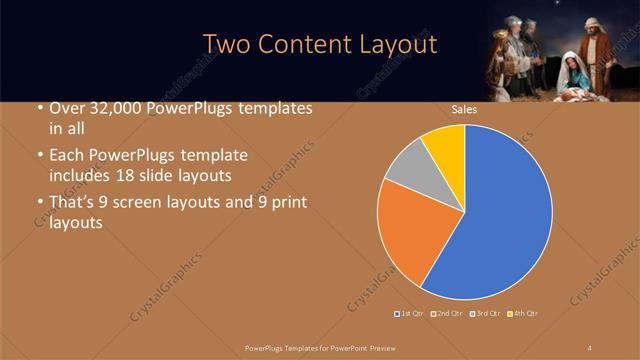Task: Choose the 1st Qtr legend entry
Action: click(x=411, y=314)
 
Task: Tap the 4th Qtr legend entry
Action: click(x=523, y=314)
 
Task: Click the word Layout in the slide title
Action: click(x=397, y=45)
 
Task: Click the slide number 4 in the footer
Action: click(x=590, y=347)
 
